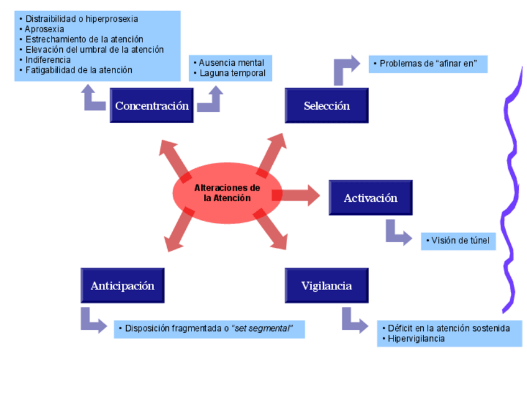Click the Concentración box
[x=152, y=106]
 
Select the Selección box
[x=326, y=106]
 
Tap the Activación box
[x=370, y=198]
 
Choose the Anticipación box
[x=122, y=286]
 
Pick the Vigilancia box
[x=326, y=286]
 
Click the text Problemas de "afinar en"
[x=429, y=63]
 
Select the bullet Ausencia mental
[x=231, y=63]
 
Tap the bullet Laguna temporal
[x=232, y=73]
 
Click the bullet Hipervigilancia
[x=416, y=338]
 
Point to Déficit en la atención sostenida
[x=449, y=328]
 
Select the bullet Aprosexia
[x=44, y=29]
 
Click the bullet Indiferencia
[x=48, y=60]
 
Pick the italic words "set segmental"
[x=262, y=328]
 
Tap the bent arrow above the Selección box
[x=344, y=68]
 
